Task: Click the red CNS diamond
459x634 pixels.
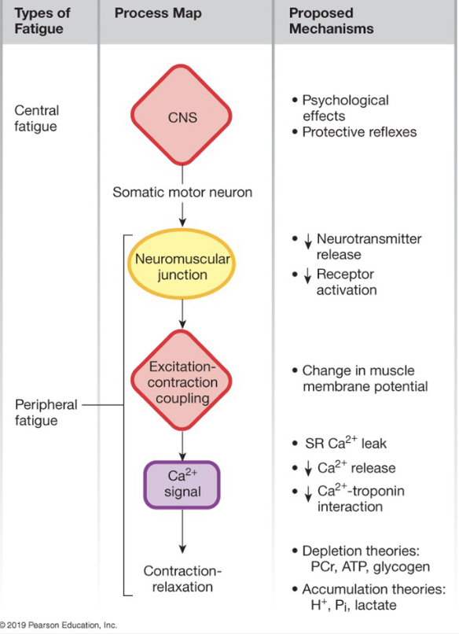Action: click(182, 118)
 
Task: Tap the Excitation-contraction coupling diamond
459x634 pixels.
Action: click(182, 384)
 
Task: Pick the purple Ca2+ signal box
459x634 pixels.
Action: click(182, 484)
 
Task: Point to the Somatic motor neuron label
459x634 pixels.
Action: click(182, 192)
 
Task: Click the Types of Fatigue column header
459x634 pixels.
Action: click(41, 21)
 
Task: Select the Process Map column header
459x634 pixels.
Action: click(158, 13)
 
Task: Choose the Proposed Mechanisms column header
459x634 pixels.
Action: click(331, 21)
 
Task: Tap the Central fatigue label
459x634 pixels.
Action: click(37, 118)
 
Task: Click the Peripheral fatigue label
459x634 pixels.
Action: click(46, 412)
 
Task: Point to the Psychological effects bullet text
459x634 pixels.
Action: click(345, 109)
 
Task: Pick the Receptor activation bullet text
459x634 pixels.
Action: click(346, 282)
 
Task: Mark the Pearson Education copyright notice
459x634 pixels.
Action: click(59, 625)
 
